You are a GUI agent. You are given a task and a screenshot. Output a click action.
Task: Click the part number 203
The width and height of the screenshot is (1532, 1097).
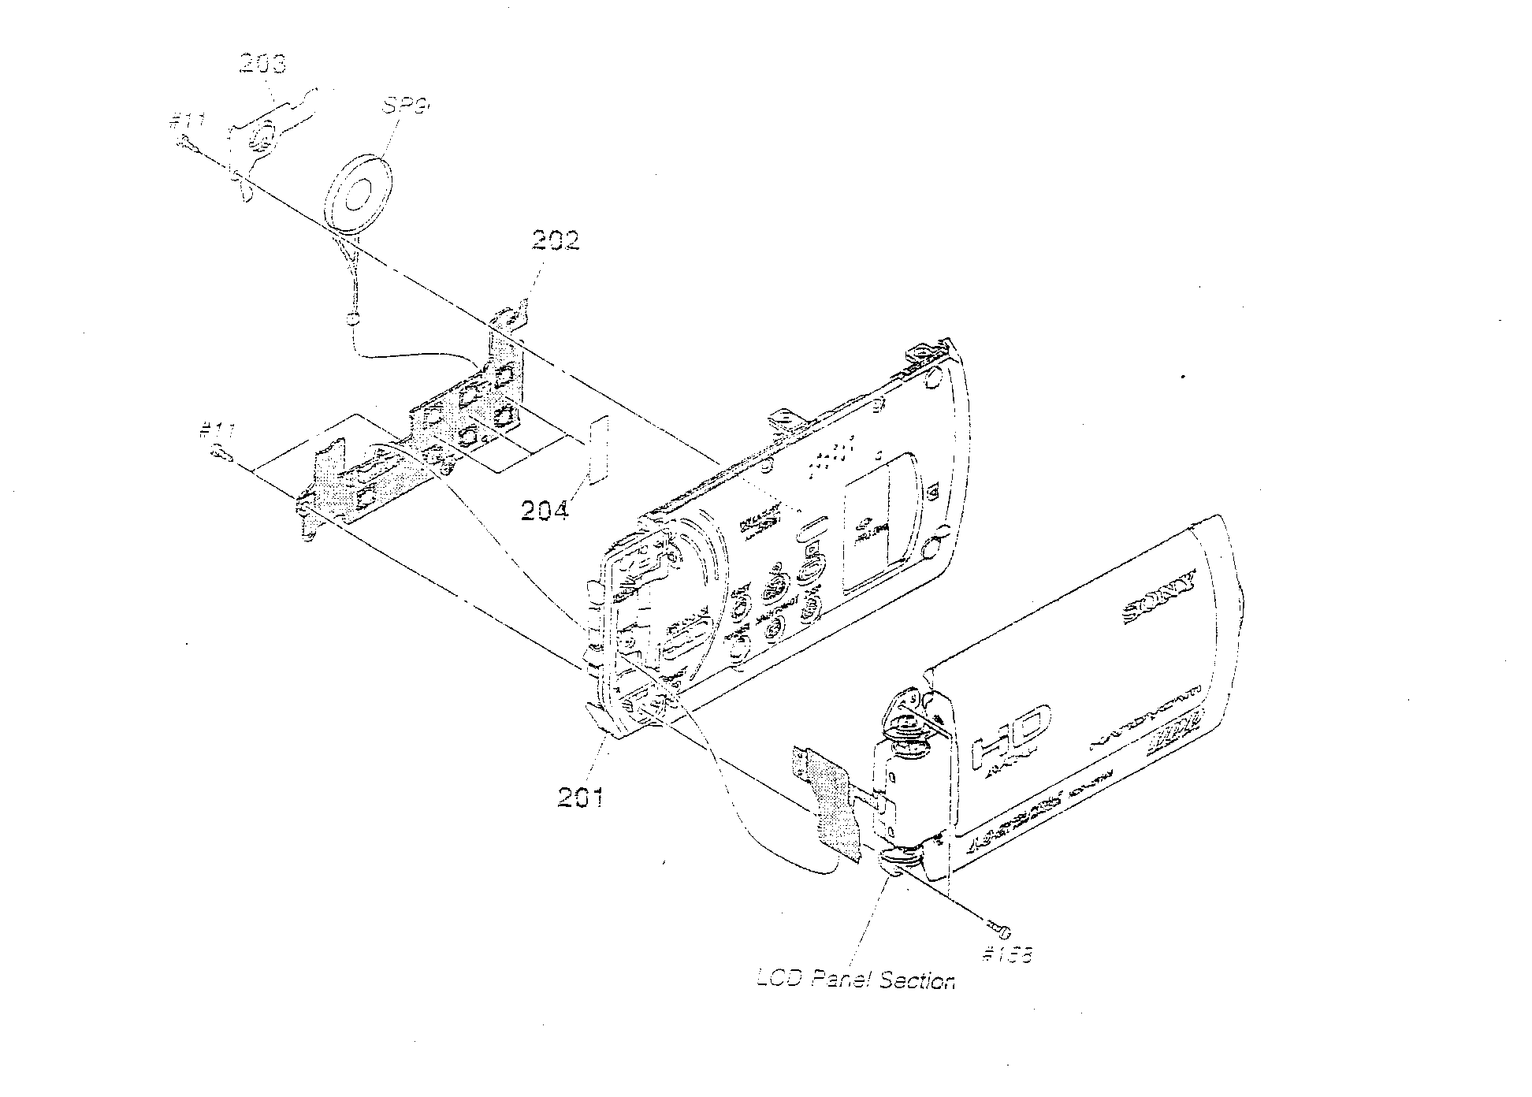pyautogui.click(x=262, y=63)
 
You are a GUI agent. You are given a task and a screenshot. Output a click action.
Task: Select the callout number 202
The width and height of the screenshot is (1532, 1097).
pyautogui.click(x=555, y=240)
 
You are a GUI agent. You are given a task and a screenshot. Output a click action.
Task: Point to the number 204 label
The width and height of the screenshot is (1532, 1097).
pyautogui.click(x=544, y=511)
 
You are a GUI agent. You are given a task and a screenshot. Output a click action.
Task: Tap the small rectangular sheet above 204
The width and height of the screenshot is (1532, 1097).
pyautogui.click(x=598, y=448)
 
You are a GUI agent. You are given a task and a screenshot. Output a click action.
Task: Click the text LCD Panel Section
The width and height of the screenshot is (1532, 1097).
pyautogui.click(x=855, y=981)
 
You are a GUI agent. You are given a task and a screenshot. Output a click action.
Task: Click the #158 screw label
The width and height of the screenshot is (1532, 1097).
pyautogui.click(x=1008, y=955)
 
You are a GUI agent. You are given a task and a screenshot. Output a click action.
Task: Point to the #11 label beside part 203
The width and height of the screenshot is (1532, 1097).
pyautogui.click(x=188, y=122)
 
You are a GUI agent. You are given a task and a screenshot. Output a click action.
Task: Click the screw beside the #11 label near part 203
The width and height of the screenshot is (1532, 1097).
pyautogui.click(x=188, y=144)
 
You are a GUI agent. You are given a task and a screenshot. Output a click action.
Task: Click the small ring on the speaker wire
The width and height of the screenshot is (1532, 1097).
pyautogui.click(x=352, y=319)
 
